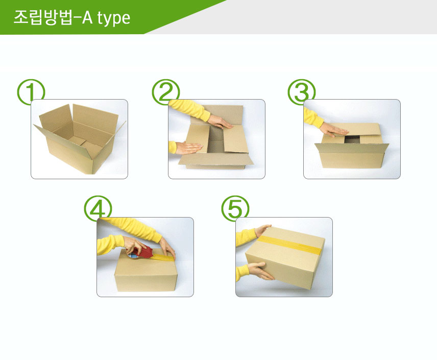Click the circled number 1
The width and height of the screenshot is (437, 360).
[31, 92]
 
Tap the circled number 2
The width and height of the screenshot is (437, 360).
[166, 92]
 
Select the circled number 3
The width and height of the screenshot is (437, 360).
[302, 92]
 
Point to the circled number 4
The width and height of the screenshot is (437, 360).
[98, 208]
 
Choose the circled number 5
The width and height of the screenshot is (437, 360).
[235, 208]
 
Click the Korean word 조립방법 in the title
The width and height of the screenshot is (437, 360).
[43, 17]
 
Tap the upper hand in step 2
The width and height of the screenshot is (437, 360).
[221, 122]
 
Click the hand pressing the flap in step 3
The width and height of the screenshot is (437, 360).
[333, 130]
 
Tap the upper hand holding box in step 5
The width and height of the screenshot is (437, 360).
[262, 230]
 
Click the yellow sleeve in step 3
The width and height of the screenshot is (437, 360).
[312, 117]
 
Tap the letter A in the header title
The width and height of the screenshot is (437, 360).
[87, 17]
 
